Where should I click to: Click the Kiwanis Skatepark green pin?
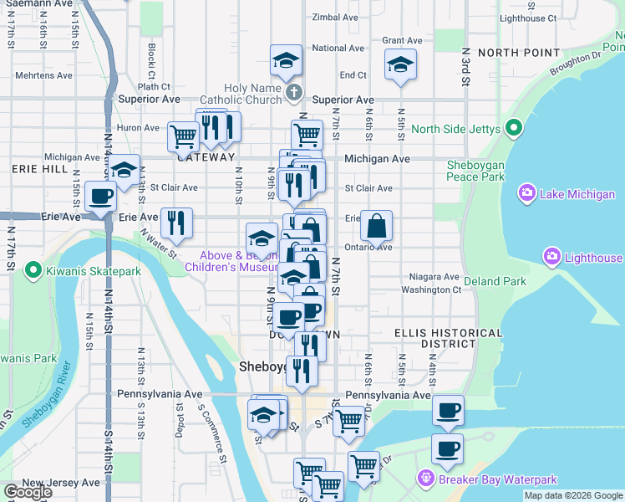[x=33, y=270]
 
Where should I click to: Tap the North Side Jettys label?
[x=455, y=129]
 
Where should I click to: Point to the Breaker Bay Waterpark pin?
[x=426, y=479]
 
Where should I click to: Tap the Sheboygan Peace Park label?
[x=475, y=171]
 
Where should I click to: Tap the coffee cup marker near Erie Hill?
[x=100, y=197]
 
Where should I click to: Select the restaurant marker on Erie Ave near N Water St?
[x=176, y=223]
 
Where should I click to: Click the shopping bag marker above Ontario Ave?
[x=377, y=225]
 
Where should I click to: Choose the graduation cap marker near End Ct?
[x=400, y=64]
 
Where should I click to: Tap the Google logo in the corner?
[x=28, y=492]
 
